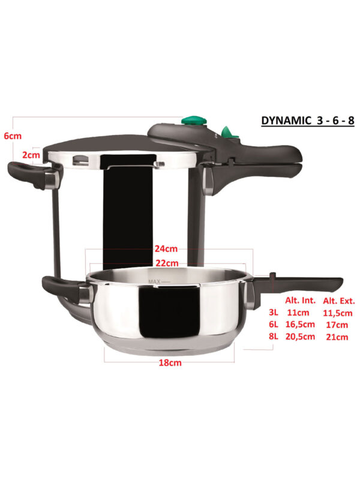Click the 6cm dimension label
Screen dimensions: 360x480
click(x=13, y=136)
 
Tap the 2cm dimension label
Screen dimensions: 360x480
click(x=31, y=155)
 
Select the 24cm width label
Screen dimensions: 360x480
click(x=166, y=248)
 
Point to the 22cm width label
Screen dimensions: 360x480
click(x=167, y=263)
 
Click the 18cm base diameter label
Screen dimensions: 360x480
click(x=170, y=363)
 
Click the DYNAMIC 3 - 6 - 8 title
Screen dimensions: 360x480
click(x=308, y=121)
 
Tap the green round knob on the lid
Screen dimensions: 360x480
click(x=194, y=121)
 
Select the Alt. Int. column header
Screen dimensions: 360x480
click(x=301, y=301)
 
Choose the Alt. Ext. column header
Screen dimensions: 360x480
click(x=339, y=301)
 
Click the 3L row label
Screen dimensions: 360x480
click(x=274, y=313)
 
